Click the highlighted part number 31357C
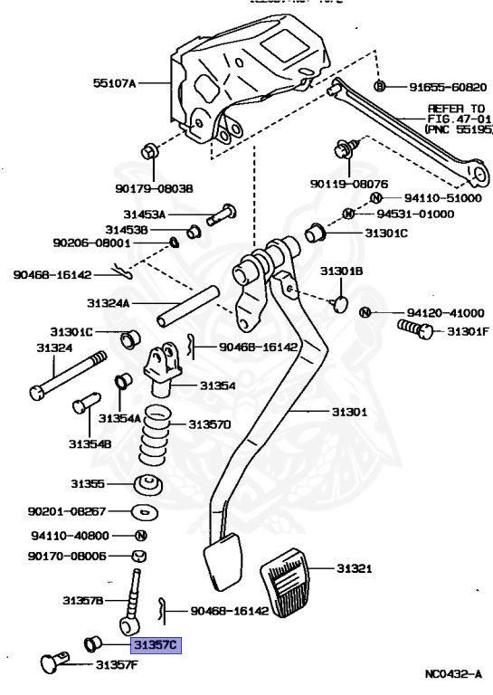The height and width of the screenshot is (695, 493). click(156, 645)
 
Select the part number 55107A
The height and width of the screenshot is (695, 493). click(114, 83)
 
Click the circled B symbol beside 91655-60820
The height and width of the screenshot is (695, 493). click(380, 86)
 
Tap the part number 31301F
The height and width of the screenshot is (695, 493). click(469, 331)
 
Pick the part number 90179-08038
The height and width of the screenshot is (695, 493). click(154, 188)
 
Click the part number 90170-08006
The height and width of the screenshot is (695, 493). click(68, 556)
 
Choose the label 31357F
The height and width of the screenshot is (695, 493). click(117, 665)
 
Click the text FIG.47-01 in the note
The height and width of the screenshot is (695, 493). click(460, 119)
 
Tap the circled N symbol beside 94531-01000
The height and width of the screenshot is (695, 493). click(349, 214)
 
